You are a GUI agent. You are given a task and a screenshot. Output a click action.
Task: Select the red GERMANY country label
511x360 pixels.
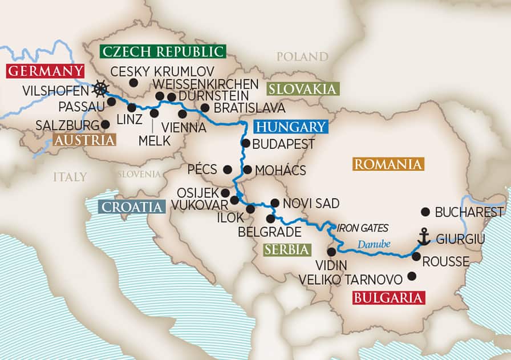coord(45,72)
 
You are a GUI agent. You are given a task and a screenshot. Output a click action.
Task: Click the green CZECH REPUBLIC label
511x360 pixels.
coord(163,51)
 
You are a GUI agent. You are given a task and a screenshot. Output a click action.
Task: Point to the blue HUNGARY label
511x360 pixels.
coord(290,127)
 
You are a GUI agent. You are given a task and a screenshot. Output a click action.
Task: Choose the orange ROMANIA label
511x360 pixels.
coord(388,165)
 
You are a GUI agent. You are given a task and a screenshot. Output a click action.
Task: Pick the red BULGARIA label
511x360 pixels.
coord(389,298)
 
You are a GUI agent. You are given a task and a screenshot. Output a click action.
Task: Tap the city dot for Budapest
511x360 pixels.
coord(246,143)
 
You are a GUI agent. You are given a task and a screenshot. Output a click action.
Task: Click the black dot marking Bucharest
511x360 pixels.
coord(424,212)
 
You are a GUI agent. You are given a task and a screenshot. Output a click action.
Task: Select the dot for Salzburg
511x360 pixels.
coord(105,124)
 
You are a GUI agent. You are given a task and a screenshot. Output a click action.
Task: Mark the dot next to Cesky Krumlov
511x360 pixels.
coord(133,83)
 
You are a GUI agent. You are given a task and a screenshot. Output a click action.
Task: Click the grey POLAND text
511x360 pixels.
coord(302,56)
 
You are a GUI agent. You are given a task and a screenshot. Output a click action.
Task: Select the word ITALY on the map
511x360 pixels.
coord(70,176)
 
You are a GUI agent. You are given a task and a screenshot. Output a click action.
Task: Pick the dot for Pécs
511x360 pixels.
coord(228,169)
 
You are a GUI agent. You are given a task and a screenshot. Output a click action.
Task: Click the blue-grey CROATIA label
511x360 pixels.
coord(131,207)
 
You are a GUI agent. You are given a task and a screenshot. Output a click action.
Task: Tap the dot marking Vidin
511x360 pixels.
coord(332,252)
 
